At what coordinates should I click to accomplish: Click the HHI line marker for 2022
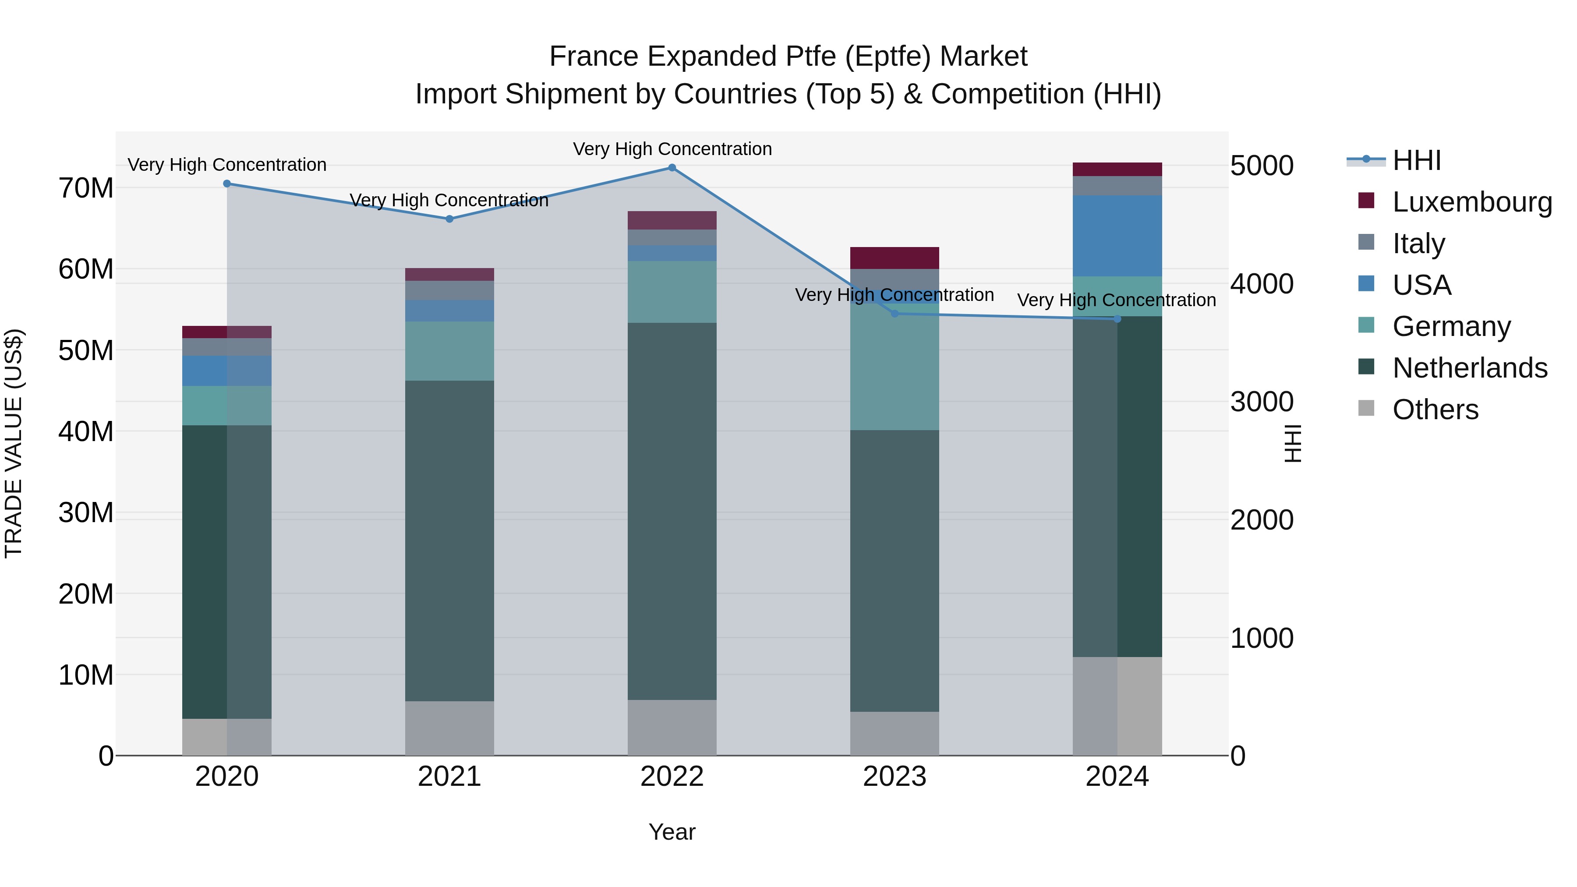pyautogui.click(x=672, y=168)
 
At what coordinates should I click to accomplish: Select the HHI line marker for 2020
pyautogui.click(x=227, y=184)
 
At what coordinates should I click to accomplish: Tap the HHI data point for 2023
pyautogui.click(x=895, y=314)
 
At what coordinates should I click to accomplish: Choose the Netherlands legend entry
pyautogui.click(x=1469, y=368)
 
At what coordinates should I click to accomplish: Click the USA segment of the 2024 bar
pyautogui.click(x=1117, y=236)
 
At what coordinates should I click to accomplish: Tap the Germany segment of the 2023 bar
pyautogui.click(x=895, y=368)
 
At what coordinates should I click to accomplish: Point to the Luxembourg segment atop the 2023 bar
pyautogui.click(x=895, y=258)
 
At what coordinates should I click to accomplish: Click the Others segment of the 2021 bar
pyautogui.click(x=449, y=728)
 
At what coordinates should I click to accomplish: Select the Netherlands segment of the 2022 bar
pyautogui.click(x=672, y=511)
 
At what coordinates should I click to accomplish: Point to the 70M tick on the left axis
pyautogui.click(x=86, y=188)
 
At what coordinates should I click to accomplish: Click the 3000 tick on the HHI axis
pyautogui.click(x=1262, y=402)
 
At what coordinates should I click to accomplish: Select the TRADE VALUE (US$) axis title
pyautogui.click(x=14, y=443)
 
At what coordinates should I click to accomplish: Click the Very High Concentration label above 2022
pyautogui.click(x=672, y=149)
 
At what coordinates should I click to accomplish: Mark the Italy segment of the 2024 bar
pyautogui.click(x=1117, y=186)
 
